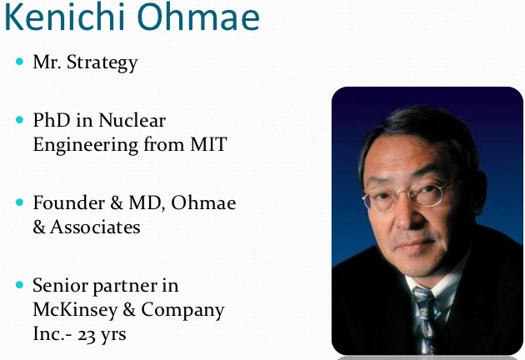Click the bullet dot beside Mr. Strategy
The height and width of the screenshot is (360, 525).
pos(20,62)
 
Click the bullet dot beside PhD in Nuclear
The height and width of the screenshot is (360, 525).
pos(20,121)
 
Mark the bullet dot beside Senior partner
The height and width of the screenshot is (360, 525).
pos(20,285)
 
